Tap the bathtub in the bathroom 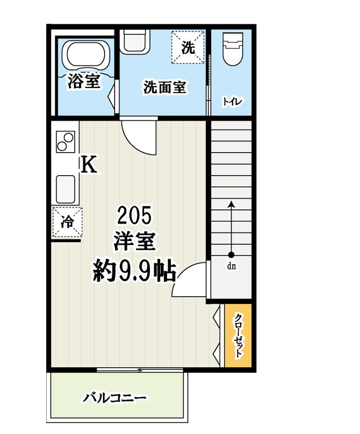coord(86,55)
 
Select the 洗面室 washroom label coord(165,87)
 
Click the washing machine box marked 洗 coord(188,47)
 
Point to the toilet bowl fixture coord(232,51)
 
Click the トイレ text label coord(232,102)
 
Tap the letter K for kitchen coord(88,165)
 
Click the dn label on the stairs coord(232,266)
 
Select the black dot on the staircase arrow coord(232,255)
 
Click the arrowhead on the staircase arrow coord(232,204)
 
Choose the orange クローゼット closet coord(238,336)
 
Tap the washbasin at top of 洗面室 coord(136,41)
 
